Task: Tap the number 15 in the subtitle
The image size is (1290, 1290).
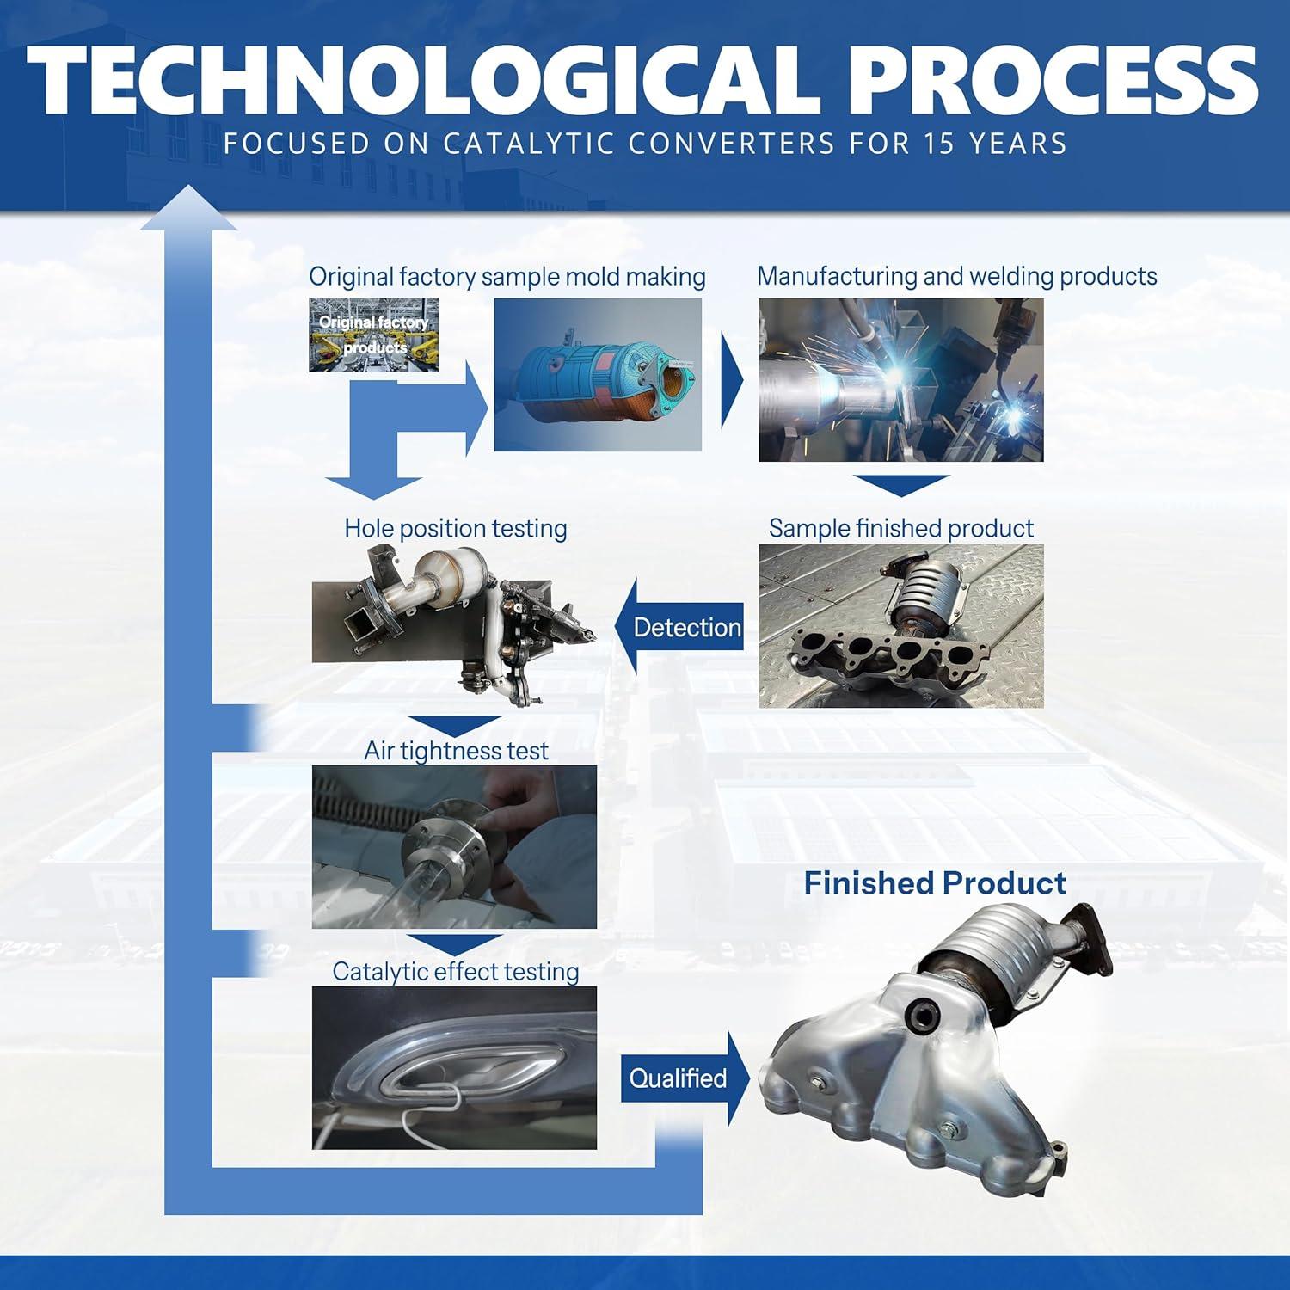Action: pos(945,143)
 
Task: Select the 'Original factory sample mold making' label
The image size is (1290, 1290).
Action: pos(507,277)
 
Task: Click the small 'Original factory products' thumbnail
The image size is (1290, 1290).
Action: pos(374,335)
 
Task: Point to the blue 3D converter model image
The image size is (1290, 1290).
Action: pos(598,375)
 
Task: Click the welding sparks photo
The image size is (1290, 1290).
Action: pos(901,380)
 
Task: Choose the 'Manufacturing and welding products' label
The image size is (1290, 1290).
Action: pos(957,276)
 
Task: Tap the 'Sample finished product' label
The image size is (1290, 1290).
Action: pos(901,528)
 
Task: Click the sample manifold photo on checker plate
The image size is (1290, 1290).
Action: pos(901,626)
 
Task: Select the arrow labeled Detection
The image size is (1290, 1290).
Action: pos(679,627)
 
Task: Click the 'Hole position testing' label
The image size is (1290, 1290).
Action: pos(456,528)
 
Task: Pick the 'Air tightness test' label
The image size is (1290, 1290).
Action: pos(456,751)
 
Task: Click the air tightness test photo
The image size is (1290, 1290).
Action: pos(454,847)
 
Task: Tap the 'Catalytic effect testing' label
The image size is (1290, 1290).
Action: pos(456,972)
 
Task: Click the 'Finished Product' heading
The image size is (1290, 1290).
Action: pos(935,883)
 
